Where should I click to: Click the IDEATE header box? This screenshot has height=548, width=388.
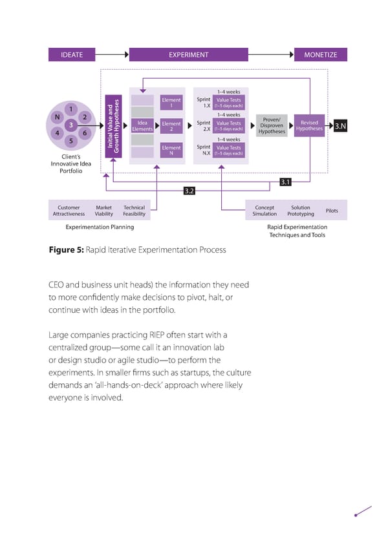point(72,55)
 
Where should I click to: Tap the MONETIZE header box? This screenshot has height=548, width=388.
point(321,55)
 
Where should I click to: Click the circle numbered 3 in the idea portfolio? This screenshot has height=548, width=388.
point(70,124)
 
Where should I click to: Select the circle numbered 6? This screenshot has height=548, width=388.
point(85,132)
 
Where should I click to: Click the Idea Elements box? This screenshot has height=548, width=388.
point(142,125)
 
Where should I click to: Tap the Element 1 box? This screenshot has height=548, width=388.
point(171,103)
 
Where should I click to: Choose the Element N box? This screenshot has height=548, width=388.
point(171,151)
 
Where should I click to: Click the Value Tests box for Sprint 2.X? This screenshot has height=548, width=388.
point(228,125)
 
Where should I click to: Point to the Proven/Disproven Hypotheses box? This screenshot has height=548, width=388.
point(272,125)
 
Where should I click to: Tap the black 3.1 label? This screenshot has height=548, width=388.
point(285,182)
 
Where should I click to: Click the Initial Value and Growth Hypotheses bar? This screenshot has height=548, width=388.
point(114,125)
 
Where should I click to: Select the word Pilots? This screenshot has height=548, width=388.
point(332,211)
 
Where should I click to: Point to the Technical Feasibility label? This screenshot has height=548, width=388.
point(134,211)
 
